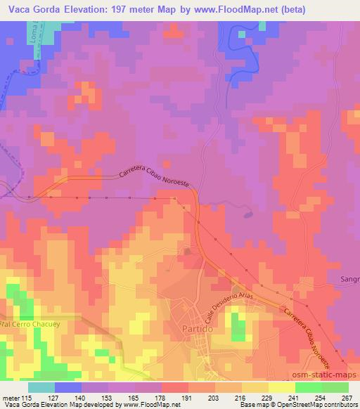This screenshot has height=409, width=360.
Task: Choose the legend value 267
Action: point(347,397)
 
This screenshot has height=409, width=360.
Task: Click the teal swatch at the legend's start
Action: point(41,387)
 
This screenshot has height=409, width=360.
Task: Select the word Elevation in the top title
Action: point(86,9)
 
